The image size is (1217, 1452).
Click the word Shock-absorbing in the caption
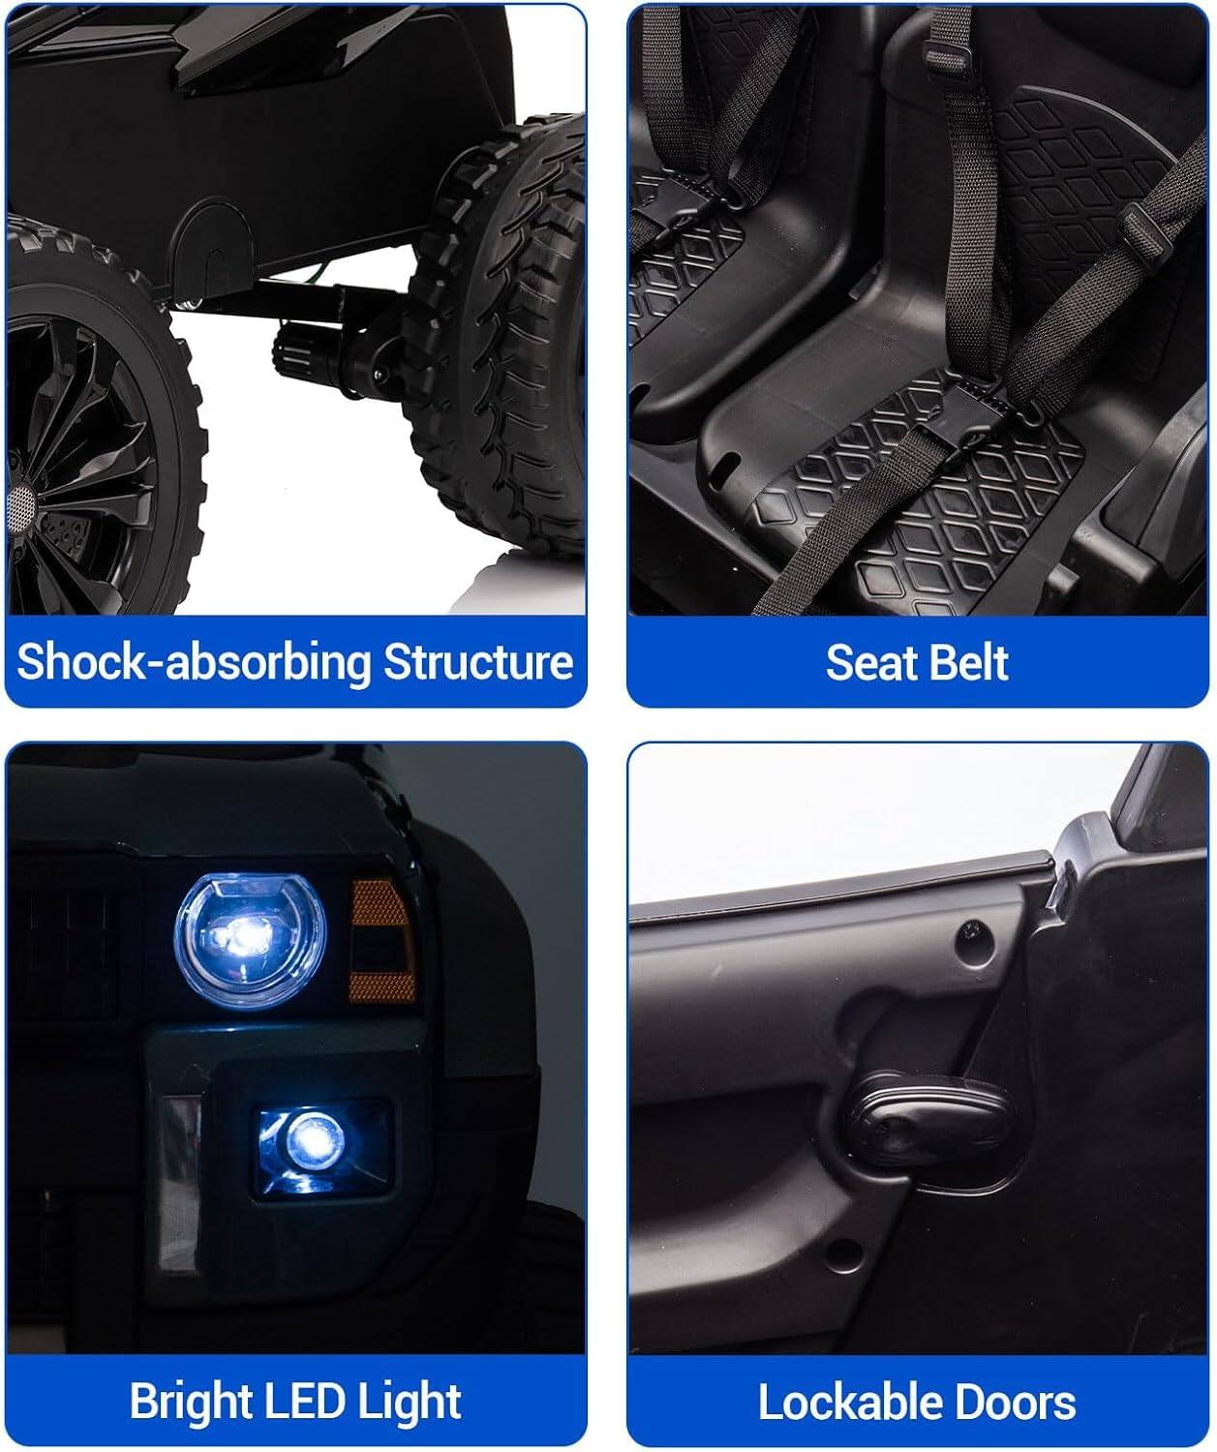tap(194, 663)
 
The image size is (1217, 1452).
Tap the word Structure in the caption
tap(478, 661)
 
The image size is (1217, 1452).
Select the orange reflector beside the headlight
tap(382, 941)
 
